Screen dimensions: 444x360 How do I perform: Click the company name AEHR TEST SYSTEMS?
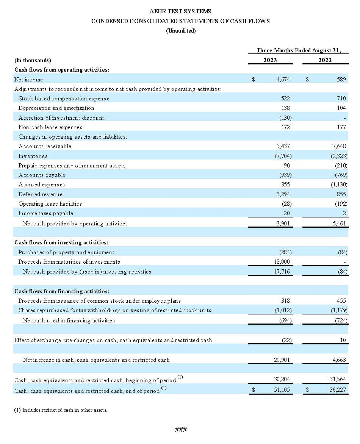click(x=180, y=12)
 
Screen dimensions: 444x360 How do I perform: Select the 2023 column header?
click(x=270, y=60)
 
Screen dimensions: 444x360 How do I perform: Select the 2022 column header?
click(x=325, y=60)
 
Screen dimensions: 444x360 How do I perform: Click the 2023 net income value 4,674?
click(x=283, y=80)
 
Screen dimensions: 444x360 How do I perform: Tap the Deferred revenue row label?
click(x=41, y=194)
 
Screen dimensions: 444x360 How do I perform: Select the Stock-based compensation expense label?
click(x=64, y=98)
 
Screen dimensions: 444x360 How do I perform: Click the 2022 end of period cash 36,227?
click(x=338, y=389)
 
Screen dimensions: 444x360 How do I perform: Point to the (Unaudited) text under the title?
click(x=181, y=31)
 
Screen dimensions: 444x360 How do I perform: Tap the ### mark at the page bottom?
click(x=181, y=429)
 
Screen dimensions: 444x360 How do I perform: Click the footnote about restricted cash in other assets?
click(x=61, y=410)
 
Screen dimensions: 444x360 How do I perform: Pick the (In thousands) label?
click(x=33, y=60)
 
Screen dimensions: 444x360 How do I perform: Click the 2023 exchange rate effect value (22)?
click(x=286, y=340)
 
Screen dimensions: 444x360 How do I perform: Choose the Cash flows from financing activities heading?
click(x=62, y=291)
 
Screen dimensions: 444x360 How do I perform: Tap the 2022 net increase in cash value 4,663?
click(x=339, y=360)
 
